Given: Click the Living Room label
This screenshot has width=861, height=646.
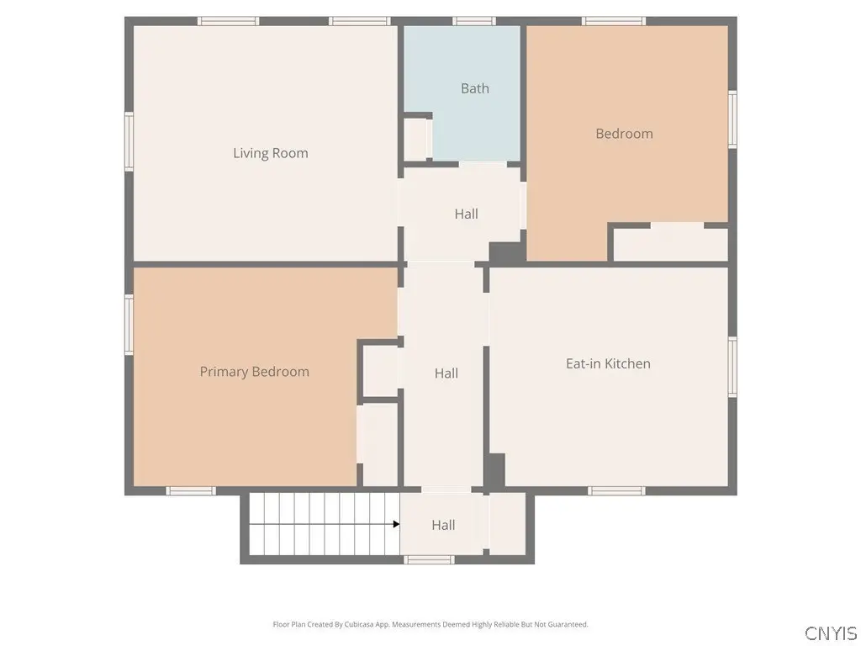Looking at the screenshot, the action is [270, 153].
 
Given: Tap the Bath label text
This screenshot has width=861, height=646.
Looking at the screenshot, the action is [475, 88].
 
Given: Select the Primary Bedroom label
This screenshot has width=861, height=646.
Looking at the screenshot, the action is [254, 372].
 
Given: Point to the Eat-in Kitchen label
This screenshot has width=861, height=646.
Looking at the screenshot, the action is [608, 363].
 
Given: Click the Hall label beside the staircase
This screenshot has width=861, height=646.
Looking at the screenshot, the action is [443, 525].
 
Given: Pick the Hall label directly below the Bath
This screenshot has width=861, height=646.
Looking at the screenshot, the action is [466, 214].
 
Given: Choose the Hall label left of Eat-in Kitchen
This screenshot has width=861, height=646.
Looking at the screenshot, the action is [446, 373].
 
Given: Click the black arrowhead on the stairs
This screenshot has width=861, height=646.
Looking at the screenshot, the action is [397, 524].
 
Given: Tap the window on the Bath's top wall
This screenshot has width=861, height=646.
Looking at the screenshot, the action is [474, 21].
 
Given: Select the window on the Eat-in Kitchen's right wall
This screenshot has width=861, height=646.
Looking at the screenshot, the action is [732, 367].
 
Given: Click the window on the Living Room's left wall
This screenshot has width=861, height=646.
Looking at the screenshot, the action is [129, 141].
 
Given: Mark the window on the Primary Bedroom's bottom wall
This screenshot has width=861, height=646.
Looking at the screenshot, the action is [191, 490].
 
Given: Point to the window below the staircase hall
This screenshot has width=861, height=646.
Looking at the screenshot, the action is [429, 559].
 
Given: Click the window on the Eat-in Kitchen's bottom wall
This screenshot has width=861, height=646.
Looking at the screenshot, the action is [616, 490].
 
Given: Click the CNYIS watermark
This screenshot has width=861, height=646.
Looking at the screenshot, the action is [831, 633].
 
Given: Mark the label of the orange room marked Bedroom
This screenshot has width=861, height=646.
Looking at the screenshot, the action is [625, 134].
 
